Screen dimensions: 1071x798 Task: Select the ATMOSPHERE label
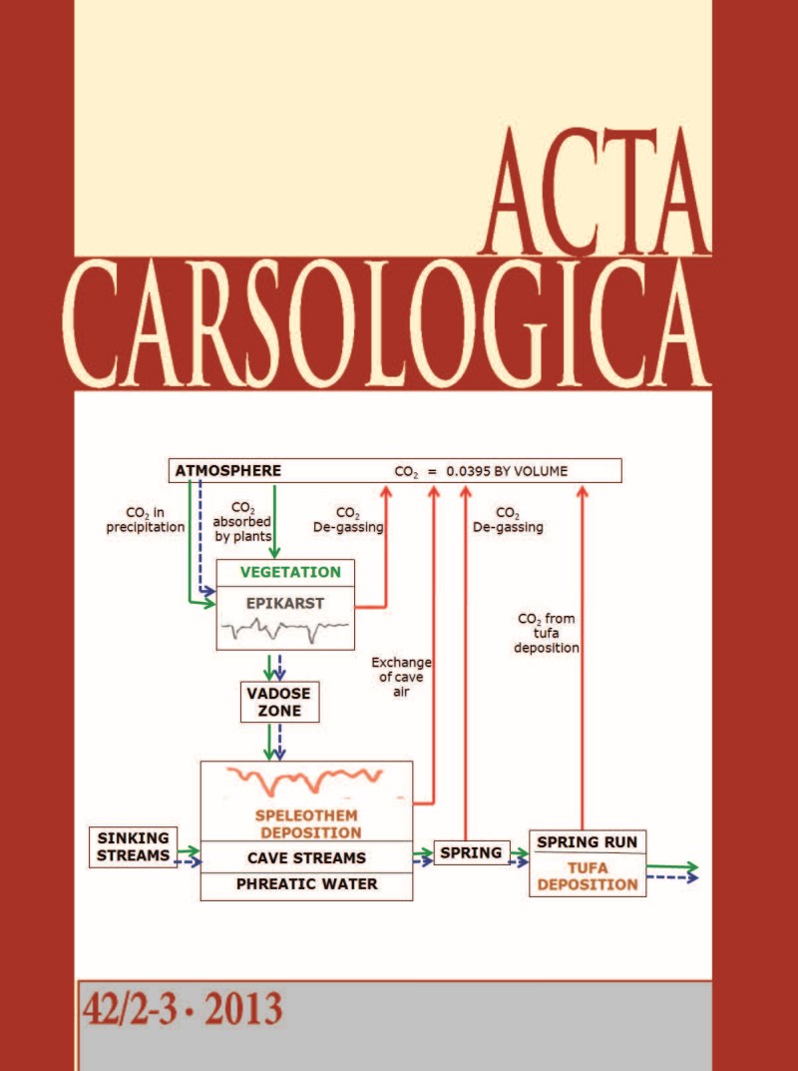[x=228, y=470]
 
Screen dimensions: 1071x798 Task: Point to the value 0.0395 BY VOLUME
[x=504, y=471]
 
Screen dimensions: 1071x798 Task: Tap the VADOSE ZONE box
[x=270, y=702]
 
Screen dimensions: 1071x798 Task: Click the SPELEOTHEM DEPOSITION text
[x=306, y=823]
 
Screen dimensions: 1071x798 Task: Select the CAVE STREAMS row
[x=306, y=857]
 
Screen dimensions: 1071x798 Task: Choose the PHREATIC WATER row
[x=306, y=884]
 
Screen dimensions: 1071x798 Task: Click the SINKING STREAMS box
[x=133, y=845]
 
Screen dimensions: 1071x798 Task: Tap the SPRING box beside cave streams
[x=471, y=852]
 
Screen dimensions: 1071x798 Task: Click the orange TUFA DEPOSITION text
[x=587, y=875]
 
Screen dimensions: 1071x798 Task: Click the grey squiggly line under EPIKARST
[x=285, y=629]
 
